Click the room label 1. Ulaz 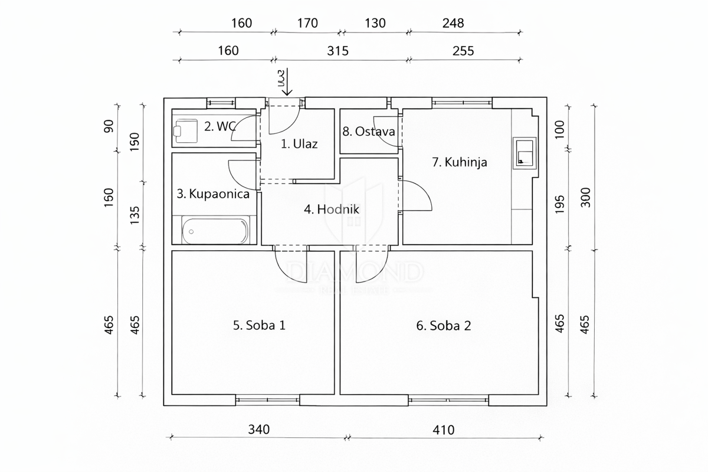(299, 144)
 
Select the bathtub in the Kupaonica (215, 231)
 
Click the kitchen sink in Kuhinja (524, 153)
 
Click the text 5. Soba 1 (259, 325)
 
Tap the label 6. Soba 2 (444, 325)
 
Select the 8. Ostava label (368, 131)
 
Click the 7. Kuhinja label (460, 162)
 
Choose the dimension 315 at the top (338, 51)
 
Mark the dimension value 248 (453, 24)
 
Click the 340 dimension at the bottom (258, 430)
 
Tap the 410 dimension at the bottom (443, 430)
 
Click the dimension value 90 (109, 126)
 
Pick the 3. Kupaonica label (213, 194)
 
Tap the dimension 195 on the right (560, 204)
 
